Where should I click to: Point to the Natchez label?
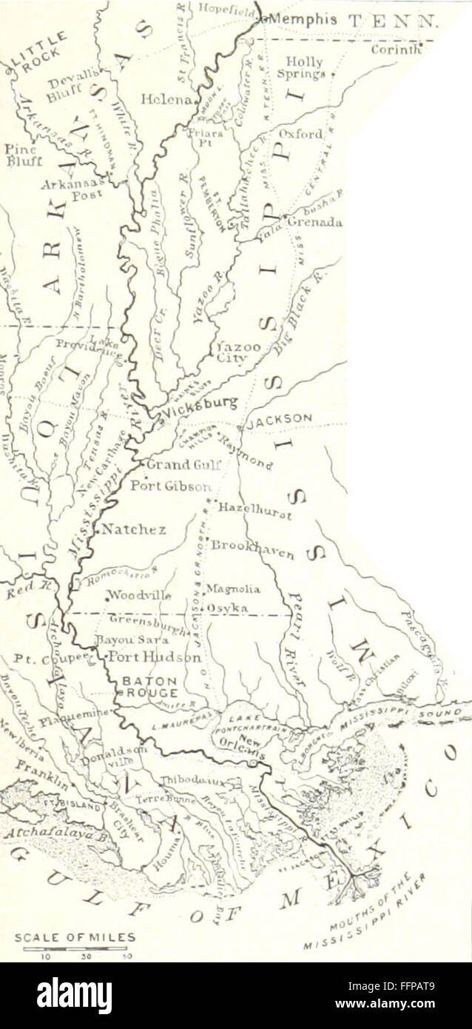tap(133, 529)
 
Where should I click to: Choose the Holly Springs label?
tap(303, 68)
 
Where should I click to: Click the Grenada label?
tap(314, 221)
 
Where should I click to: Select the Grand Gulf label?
tap(178, 465)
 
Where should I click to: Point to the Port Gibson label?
tap(171, 486)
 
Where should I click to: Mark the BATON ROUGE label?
tap(149, 687)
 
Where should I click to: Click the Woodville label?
tap(140, 594)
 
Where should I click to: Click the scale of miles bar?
tap(74, 948)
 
